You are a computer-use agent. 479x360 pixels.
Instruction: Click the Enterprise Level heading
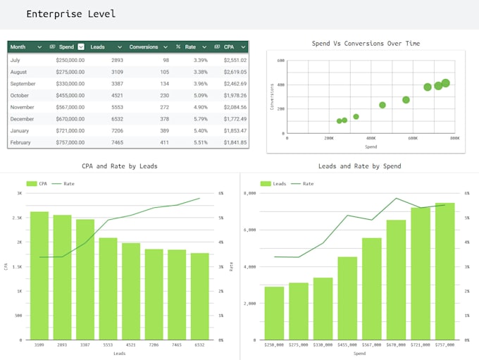70,14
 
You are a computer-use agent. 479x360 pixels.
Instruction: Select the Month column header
18,46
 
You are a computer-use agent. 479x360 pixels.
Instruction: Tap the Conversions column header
144,46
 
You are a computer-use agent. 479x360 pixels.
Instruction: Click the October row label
20,96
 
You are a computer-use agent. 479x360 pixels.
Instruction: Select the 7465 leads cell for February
117,142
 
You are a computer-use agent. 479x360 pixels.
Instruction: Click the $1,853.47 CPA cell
234,131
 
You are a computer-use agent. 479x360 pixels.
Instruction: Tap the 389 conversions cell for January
163,131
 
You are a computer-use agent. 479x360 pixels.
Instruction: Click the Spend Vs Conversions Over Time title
366,44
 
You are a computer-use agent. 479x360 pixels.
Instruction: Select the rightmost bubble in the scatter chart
445,83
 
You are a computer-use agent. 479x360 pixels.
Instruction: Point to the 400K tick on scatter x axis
371,139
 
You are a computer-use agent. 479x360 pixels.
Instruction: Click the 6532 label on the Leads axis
199,345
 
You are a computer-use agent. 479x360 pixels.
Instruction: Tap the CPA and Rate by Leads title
120,166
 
